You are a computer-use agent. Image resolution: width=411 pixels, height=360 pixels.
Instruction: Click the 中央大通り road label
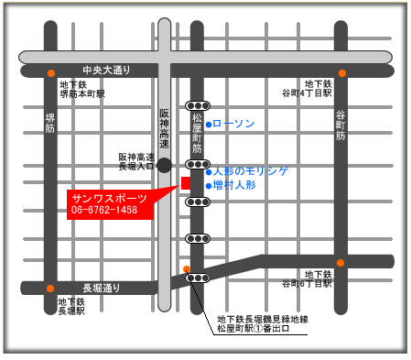pyautogui.click(x=106, y=71)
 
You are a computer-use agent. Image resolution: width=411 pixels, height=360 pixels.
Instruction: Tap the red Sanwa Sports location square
pyautogui.click(x=186, y=183)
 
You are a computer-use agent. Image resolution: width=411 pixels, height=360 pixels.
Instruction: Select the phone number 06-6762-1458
pyautogui.click(x=103, y=211)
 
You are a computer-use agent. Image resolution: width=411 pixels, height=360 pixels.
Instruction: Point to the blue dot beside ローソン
pyautogui.click(x=209, y=124)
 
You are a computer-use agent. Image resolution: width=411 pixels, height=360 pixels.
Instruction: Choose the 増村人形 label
pyautogui.click(x=234, y=185)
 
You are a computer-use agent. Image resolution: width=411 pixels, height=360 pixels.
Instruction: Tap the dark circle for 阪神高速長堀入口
pyautogui.click(x=164, y=165)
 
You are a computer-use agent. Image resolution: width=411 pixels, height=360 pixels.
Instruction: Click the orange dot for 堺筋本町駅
pyautogui.click(x=51, y=73)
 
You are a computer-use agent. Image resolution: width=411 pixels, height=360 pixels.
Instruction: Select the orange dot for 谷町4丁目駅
pyautogui.click(x=342, y=73)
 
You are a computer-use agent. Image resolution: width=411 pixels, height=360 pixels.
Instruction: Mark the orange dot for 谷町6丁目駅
pyautogui.click(x=341, y=263)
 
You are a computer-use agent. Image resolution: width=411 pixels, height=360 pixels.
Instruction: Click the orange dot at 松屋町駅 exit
pyautogui.click(x=187, y=269)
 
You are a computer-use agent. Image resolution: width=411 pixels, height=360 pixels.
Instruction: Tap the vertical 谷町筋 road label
pyautogui.click(x=341, y=125)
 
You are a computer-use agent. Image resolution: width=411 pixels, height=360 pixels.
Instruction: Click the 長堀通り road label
pyautogui.click(x=102, y=288)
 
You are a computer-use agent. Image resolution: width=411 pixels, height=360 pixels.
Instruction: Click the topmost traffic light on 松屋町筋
pyautogui.click(x=198, y=105)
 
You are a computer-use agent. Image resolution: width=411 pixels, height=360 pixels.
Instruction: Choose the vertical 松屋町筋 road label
pyautogui.click(x=197, y=134)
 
